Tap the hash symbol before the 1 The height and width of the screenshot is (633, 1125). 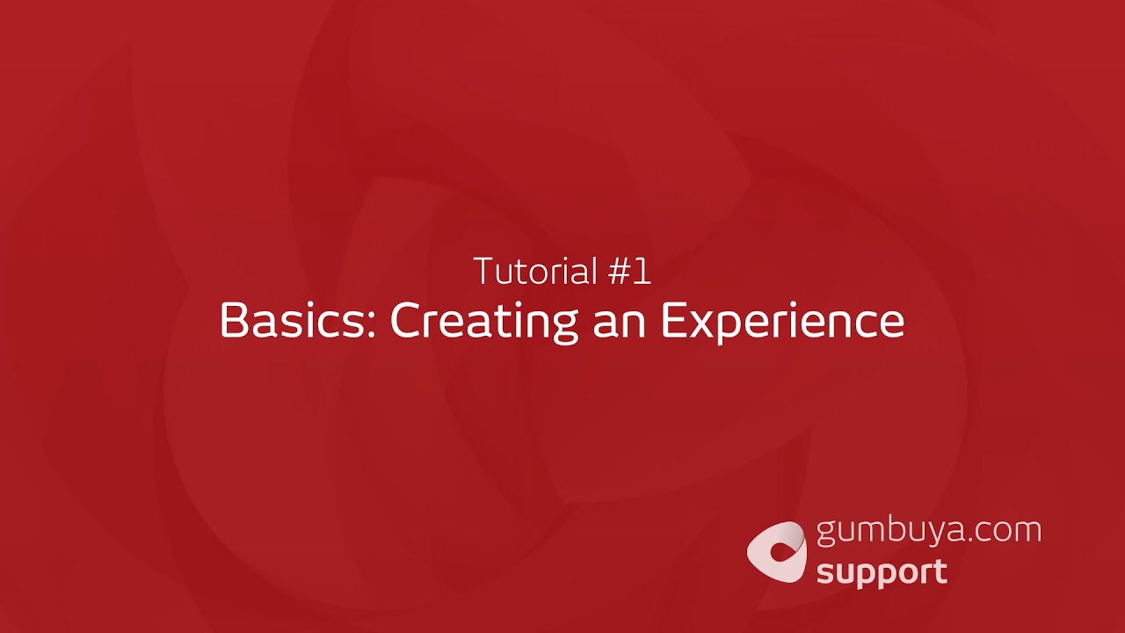coord(619,272)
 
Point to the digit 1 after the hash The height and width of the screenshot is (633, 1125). coord(642,272)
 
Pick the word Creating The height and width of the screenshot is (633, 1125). coord(483,322)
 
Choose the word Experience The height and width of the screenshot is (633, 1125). coord(782,322)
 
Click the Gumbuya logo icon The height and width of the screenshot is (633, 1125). coord(776,551)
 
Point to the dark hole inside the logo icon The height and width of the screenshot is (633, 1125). coord(779,552)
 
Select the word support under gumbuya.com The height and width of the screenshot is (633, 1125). coord(882,573)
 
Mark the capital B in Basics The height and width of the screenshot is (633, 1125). coord(233,321)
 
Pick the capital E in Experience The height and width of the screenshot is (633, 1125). coord(673,321)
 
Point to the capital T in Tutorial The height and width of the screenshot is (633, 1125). coord(483,272)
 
